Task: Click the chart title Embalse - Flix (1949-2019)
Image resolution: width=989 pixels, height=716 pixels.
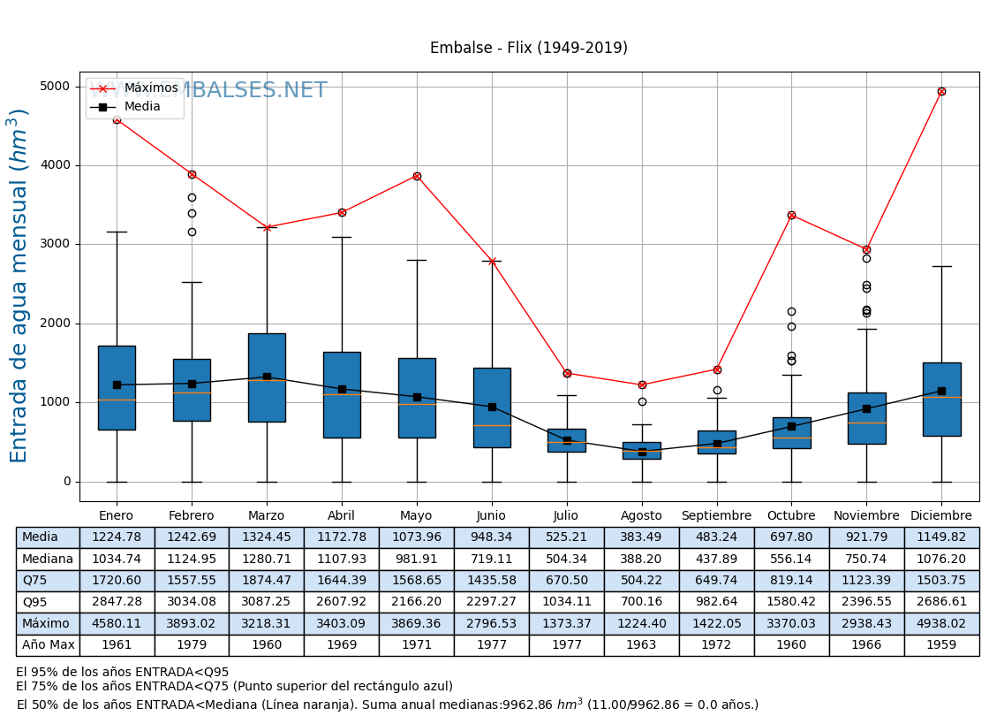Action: click(528, 49)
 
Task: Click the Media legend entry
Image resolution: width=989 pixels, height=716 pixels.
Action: click(142, 107)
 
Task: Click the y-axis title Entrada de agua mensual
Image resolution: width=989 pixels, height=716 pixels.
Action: click(19, 286)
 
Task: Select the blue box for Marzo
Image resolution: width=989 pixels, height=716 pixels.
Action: click(267, 377)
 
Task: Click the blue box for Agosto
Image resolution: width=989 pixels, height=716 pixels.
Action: click(642, 450)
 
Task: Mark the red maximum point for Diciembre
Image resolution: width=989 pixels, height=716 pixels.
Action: click(941, 91)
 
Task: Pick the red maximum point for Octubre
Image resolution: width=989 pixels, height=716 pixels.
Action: click(791, 215)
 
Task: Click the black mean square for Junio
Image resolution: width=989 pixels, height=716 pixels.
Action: click(492, 407)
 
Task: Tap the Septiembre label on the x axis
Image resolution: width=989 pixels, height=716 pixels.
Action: click(716, 516)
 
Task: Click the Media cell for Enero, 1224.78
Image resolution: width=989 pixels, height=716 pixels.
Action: click(117, 537)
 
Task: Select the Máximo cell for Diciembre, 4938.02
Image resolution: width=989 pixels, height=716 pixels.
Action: click(941, 624)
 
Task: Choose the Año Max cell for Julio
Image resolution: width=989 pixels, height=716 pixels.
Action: click(566, 645)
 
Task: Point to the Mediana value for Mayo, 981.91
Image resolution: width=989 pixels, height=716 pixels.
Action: click(417, 560)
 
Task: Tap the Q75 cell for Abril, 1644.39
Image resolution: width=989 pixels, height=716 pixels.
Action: click(342, 581)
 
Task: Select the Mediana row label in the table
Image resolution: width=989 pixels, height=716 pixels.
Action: click(48, 560)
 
